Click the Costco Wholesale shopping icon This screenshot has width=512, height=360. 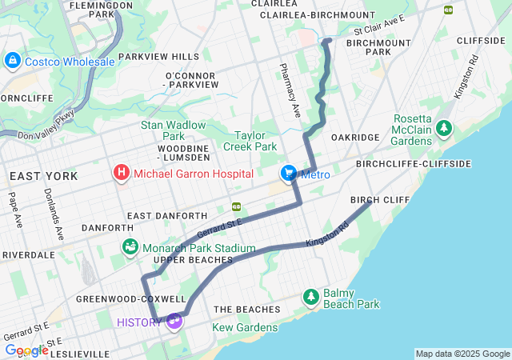(x=13, y=61)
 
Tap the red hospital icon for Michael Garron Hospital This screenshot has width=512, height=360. (x=122, y=173)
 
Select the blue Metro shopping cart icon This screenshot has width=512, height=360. (x=288, y=174)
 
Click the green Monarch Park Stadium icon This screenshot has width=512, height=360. (x=130, y=248)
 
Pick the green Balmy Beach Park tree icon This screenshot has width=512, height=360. (x=311, y=298)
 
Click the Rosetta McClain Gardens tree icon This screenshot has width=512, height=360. (x=442, y=128)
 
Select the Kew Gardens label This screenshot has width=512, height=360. (x=245, y=327)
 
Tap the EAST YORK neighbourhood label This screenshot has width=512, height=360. (x=43, y=175)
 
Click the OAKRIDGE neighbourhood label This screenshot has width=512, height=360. (x=355, y=138)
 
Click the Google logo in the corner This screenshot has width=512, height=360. (x=26, y=350)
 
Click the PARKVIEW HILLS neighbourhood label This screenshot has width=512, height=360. (x=158, y=57)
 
